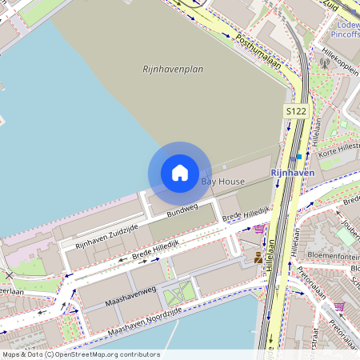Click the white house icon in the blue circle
[180, 173]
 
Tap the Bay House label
[222, 182]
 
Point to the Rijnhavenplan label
[172, 70]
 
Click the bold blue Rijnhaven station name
[293, 172]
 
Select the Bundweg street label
[182, 210]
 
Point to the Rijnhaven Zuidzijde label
[106, 235]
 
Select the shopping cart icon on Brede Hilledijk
[259, 229]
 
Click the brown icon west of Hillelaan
[258, 258]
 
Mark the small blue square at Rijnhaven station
[299, 157]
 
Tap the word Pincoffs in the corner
[344, 34]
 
